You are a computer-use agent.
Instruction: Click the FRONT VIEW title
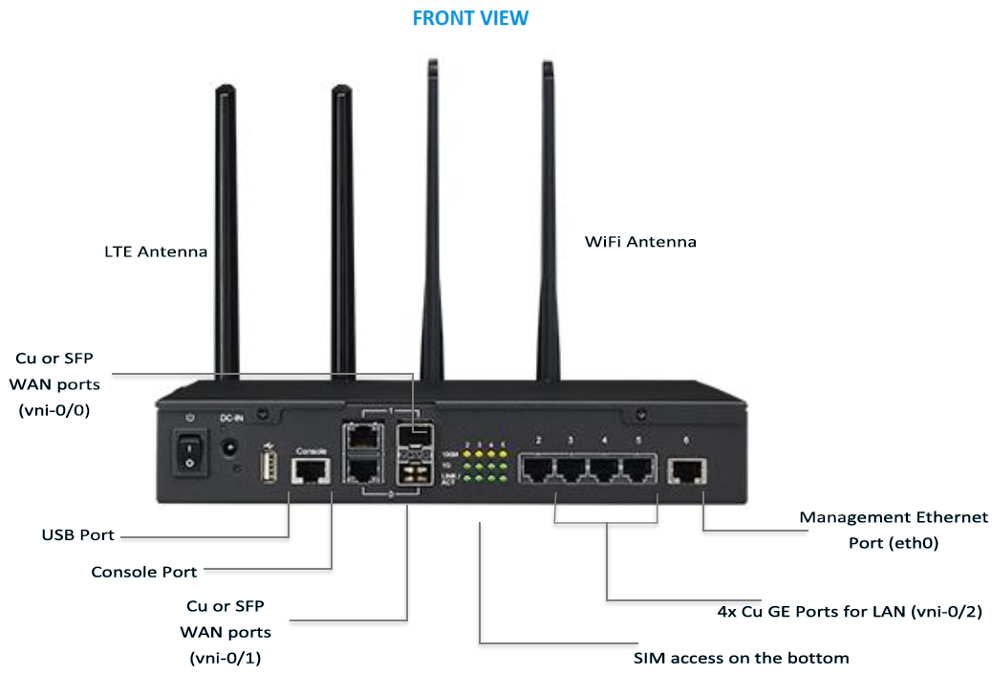[470, 18]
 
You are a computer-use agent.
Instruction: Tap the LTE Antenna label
[156, 252]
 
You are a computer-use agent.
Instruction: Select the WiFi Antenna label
[640, 242]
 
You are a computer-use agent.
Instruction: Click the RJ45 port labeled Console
[312, 469]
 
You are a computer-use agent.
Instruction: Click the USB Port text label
[78, 534]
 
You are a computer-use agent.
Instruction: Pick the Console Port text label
[144, 572]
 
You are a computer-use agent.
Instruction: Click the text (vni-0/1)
[225, 658]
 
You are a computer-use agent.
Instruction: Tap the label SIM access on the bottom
[741, 658]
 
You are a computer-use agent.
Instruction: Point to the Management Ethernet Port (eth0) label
[894, 530]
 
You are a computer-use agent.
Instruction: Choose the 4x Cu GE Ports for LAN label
[850, 611]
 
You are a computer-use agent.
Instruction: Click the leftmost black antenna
[226, 229]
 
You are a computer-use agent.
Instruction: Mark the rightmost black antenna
[550, 220]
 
